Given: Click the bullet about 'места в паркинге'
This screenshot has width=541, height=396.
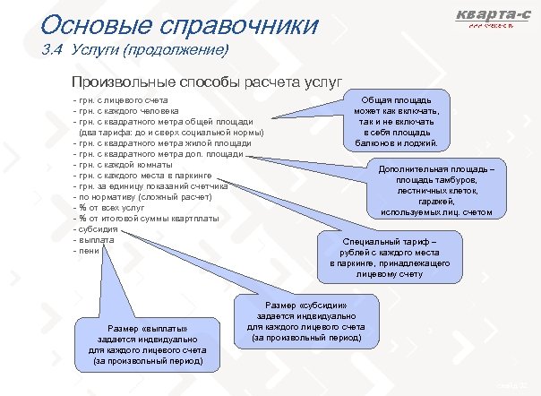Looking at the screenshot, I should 143,176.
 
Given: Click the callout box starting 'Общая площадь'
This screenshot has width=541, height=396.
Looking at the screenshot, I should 394,117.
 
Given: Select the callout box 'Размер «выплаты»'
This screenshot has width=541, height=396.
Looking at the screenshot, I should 146,344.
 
